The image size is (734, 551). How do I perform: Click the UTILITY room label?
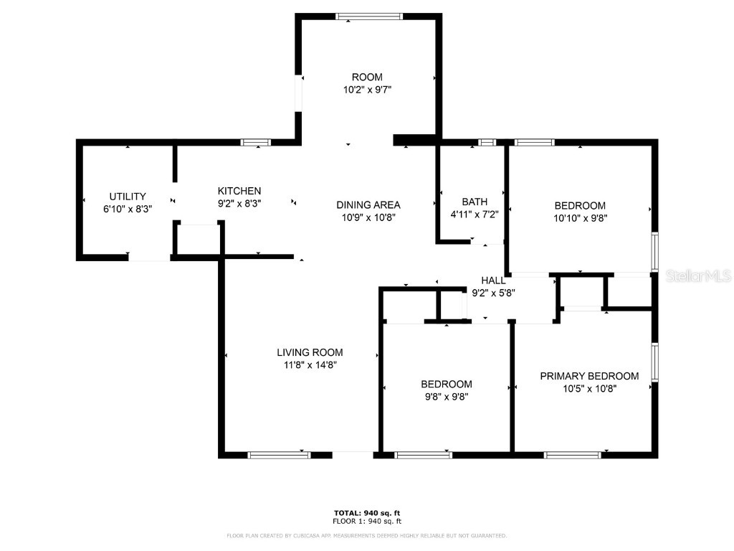coord(128,197)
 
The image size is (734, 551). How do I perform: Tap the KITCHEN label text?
coord(239,191)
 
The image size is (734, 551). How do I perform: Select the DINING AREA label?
coord(368,204)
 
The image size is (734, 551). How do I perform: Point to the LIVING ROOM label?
coord(310,352)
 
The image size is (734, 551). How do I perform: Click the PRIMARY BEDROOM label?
coord(589,376)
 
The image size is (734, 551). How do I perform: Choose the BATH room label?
coord(475,202)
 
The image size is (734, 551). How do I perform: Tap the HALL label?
coord(493,281)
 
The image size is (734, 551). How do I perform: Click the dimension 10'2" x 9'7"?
coord(367,90)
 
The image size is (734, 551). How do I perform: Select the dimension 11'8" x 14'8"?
coord(310,364)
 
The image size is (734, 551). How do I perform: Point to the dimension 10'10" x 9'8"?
coord(580,217)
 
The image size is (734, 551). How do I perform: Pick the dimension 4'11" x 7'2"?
coord(475,214)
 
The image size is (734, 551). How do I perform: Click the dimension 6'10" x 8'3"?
coord(128,209)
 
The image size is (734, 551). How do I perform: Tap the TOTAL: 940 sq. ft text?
coord(367,513)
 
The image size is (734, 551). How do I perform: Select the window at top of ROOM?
coord(370,17)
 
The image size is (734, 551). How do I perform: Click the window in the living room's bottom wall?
coord(279,454)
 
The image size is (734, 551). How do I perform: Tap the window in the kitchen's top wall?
coord(256,143)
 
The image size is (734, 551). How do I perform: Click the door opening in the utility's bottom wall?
coord(149,257)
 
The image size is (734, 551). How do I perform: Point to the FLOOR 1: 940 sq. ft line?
coord(367,522)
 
